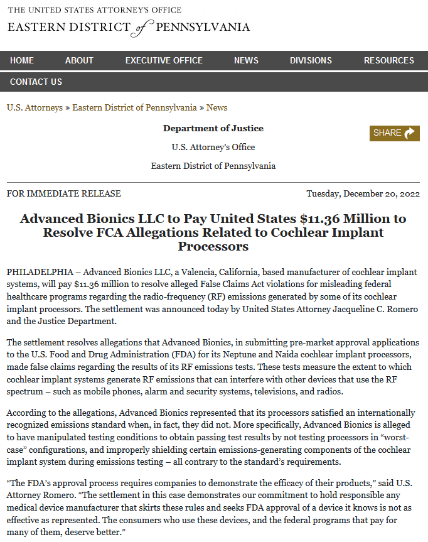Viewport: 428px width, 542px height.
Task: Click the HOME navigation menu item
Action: click(22, 60)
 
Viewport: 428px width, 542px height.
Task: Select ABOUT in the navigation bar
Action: click(79, 60)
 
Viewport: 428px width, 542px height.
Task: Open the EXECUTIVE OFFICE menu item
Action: click(164, 60)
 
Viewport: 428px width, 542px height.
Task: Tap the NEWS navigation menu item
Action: click(246, 60)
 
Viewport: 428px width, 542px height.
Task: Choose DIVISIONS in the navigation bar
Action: click(311, 60)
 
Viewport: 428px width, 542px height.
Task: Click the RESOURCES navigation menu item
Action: click(388, 60)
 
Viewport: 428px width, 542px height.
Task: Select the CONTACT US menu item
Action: click(36, 82)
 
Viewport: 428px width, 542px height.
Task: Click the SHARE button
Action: click(394, 133)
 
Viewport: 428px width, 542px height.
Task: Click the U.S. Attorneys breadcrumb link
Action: click(35, 107)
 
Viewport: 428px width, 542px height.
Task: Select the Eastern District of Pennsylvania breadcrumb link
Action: click(134, 107)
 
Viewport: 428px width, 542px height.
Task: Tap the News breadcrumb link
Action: click(217, 107)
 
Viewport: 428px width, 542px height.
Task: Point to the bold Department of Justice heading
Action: click(213, 128)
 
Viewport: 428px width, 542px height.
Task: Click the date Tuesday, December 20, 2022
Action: click(363, 193)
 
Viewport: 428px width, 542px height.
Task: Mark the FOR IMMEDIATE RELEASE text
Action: click(64, 193)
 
